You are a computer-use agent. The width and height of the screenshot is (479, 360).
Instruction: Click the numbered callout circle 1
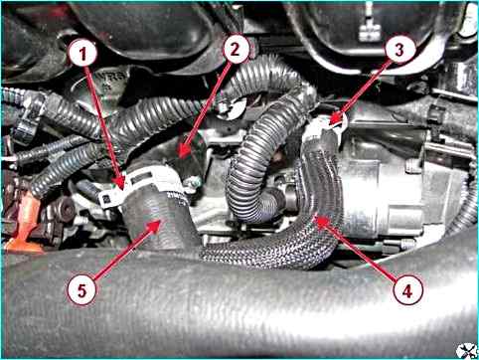click(x=82, y=54)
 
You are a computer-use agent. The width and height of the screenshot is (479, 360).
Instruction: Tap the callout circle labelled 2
click(x=236, y=50)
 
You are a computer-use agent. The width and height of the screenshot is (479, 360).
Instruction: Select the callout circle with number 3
click(x=399, y=50)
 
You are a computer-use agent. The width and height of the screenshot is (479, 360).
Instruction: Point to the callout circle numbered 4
click(x=407, y=291)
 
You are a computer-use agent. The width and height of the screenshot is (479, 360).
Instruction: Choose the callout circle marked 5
click(x=81, y=290)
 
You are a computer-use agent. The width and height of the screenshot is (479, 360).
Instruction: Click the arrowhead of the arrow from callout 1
click(x=120, y=183)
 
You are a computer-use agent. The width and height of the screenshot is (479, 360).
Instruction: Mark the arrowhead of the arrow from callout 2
click(x=183, y=151)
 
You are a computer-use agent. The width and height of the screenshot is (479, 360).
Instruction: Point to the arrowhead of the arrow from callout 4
click(x=321, y=221)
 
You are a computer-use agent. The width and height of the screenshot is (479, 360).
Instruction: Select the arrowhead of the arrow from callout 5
click(x=155, y=226)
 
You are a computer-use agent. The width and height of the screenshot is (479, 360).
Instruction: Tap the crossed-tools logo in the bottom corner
click(x=466, y=350)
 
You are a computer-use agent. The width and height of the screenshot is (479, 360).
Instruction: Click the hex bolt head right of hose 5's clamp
click(x=193, y=183)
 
